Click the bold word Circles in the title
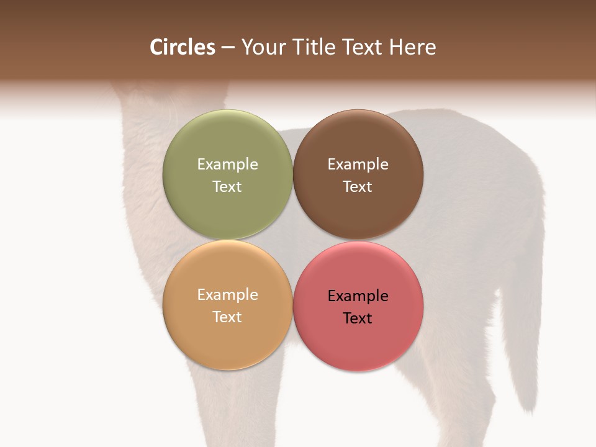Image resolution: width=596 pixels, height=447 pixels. (x=183, y=47)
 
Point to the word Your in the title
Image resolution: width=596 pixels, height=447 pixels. (x=263, y=47)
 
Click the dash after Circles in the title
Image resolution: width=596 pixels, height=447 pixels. (x=228, y=48)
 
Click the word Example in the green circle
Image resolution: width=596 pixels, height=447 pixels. (x=227, y=164)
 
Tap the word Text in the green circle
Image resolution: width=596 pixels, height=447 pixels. (x=227, y=186)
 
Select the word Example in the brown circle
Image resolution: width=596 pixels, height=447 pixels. (x=358, y=164)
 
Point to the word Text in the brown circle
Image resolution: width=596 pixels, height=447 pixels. (x=358, y=186)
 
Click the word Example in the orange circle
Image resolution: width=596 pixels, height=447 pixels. (x=227, y=294)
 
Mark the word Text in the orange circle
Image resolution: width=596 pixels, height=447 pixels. (x=227, y=317)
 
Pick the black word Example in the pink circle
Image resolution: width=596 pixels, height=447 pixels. (x=358, y=296)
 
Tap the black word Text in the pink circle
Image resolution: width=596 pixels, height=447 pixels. (x=358, y=318)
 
